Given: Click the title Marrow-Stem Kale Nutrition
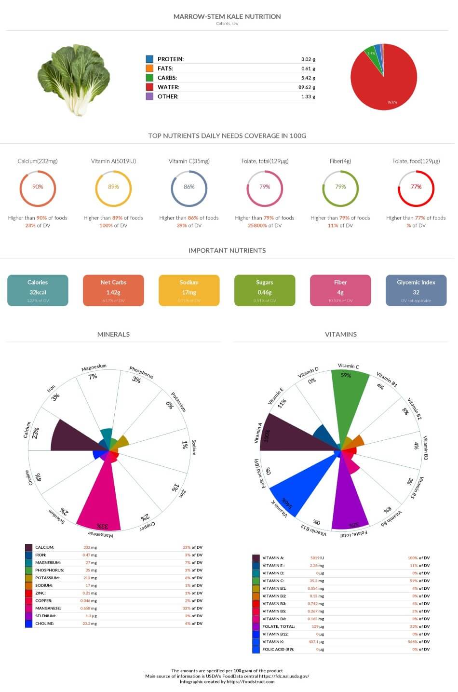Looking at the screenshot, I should (227, 16).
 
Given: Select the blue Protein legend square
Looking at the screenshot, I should (149, 59).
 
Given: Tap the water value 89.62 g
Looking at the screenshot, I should (307, 87).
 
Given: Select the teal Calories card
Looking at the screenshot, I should (38, 290).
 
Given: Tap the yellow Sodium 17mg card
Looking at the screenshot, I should (189, 290).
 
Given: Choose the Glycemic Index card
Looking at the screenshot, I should (416, 290).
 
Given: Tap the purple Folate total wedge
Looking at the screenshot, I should (349, 502).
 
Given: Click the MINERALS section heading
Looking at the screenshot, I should (113, 334).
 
